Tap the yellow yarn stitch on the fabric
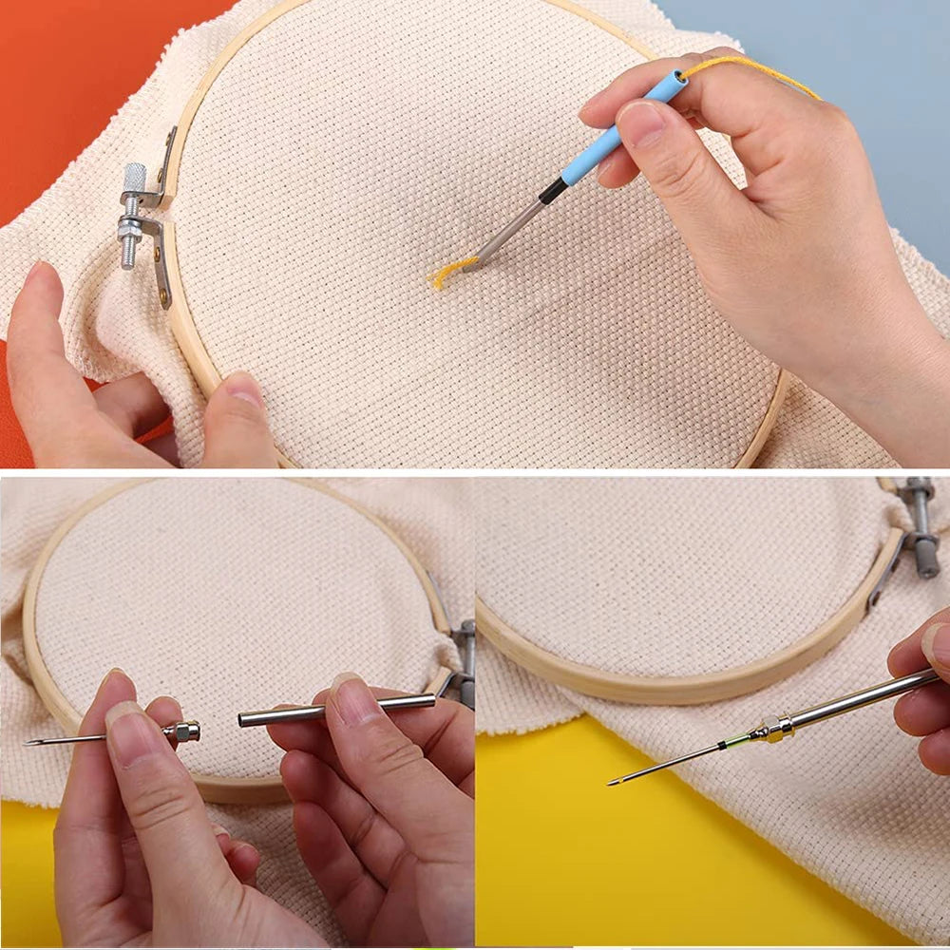coord(448,273)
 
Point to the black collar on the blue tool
coord(554,192)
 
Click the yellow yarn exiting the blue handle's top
coord(750,68)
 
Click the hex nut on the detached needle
coord(181,731)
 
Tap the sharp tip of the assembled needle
coord(613,783)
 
